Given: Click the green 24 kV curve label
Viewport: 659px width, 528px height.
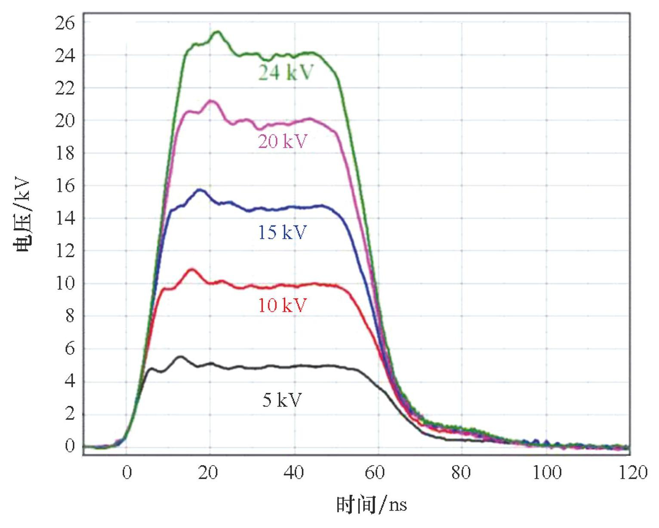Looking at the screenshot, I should pyautogui.click(x=286, y=73).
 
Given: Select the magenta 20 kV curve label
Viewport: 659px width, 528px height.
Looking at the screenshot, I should pyautogui.click(x=283, y=141).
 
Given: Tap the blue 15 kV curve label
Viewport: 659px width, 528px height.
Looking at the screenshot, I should pyautogui.click(x=282, y=232).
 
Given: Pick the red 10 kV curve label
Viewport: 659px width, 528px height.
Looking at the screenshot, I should pyautogui.click(x=282, y=306).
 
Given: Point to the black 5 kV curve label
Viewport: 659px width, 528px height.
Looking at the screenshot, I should pyautogui.click(x=282, y=400).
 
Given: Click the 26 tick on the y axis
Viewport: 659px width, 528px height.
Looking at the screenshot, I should pyautogui.click(x=65, y=23).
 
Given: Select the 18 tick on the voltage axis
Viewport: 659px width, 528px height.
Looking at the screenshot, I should pyautogui.click(x=65, y=153).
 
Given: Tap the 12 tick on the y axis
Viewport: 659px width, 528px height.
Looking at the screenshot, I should pyautogui.click(x=65, y=251).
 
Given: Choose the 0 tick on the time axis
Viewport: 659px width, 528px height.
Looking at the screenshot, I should pyautogui.click(x=126, y=473).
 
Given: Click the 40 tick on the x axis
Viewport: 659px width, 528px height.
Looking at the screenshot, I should pyautogui.click(x=294, y=473).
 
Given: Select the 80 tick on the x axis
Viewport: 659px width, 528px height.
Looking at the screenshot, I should pyautogui.click(x=461, y=473).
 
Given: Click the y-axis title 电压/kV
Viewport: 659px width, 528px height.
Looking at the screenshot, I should pyautogui.click(x=22, y=214).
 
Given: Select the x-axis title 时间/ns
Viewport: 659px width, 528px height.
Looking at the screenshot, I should pyautogui.click(x=371, y=504).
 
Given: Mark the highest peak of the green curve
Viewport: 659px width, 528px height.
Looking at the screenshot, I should pyautogui.click(x=217, y=31).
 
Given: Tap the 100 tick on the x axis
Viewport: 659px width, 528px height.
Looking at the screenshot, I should pyautogui.click(x=547, y=473).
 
